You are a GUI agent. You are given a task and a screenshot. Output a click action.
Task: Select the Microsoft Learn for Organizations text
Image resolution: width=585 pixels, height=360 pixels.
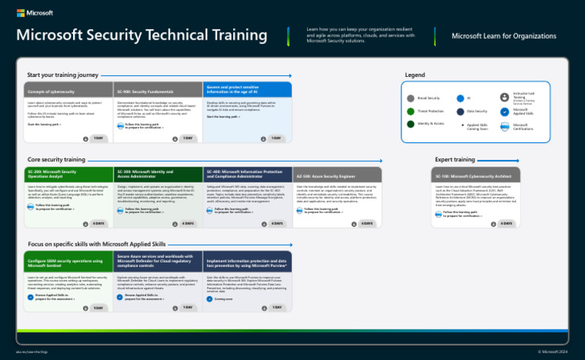click(503, 36)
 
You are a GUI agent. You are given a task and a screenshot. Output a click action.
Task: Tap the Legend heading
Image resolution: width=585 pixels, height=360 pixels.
click(415, 75)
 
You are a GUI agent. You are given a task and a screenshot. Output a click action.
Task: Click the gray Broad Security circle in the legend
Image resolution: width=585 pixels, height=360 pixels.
click(411, 98)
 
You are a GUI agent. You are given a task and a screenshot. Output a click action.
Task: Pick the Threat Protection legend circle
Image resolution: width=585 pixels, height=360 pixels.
click(411, 111)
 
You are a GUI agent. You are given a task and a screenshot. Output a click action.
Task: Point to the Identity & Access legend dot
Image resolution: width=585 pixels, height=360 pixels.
click(411, 124)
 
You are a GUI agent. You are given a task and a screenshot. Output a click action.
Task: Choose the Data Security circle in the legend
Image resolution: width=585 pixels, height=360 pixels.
click(460, 111)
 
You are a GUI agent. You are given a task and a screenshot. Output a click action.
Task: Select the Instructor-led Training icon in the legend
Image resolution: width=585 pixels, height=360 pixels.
click(503, 97)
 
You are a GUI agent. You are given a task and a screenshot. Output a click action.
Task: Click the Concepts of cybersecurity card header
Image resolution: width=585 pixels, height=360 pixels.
click(68, 91)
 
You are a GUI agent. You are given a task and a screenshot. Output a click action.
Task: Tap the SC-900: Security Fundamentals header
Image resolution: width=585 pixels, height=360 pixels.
click(158, 91)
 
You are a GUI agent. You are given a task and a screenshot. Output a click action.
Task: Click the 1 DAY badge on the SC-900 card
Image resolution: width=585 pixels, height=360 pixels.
click(187, 138)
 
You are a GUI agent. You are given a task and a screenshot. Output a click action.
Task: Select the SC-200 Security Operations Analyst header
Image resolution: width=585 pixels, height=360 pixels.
click(68, 174)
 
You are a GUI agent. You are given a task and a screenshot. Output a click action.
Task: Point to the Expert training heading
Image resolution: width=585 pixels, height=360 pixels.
click(455, 160)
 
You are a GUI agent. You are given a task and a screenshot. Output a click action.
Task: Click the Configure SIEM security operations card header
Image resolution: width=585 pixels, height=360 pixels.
click(68, 262)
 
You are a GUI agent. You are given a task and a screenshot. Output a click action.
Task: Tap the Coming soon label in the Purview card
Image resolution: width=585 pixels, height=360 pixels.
click(224, 299)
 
